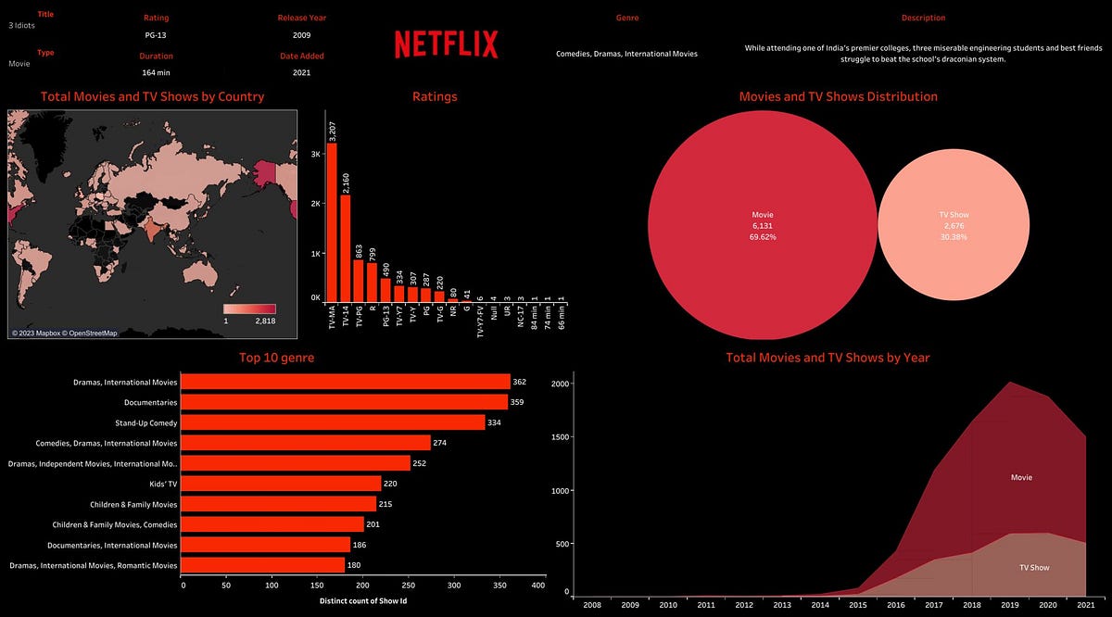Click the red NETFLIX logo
point(446,44)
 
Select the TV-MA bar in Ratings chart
point(331,222)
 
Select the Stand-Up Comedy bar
point(333,422)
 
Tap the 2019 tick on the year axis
point(1009,605)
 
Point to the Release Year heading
point(302,18)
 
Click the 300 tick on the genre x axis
point(449,586)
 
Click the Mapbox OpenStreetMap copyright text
point(64,333)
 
